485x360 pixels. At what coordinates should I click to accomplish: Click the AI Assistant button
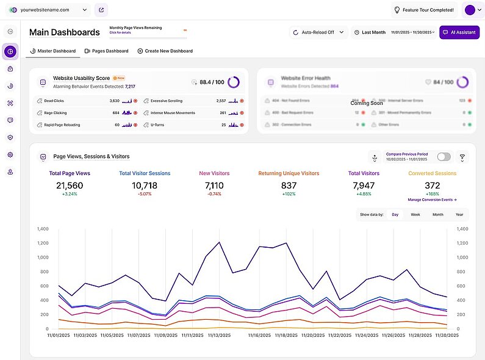coord(459,32)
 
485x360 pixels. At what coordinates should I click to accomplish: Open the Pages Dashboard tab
coord(107,51)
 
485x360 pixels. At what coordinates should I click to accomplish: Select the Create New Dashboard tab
coord(165,51)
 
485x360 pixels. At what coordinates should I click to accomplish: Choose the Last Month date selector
coord(370,32)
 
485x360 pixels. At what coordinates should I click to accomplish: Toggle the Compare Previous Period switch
coord(444,157)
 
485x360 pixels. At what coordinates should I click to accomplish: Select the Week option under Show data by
coord(415,215)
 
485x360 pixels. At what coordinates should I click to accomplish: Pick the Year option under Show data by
coord(459,215)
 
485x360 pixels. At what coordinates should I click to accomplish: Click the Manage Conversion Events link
coord(433,200)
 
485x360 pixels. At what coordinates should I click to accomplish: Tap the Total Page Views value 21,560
coord(70,185)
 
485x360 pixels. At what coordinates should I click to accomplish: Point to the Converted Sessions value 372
coord(433,185)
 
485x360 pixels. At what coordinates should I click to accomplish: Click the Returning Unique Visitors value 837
coord(289,185)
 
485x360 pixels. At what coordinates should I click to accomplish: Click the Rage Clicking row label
coord(56,113)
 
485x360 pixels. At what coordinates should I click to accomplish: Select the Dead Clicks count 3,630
coord(114,101)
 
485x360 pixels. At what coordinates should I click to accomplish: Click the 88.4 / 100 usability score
coord(212,82)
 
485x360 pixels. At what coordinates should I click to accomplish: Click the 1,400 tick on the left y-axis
coord(43,229)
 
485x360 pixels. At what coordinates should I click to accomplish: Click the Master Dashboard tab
coord(54,51)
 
